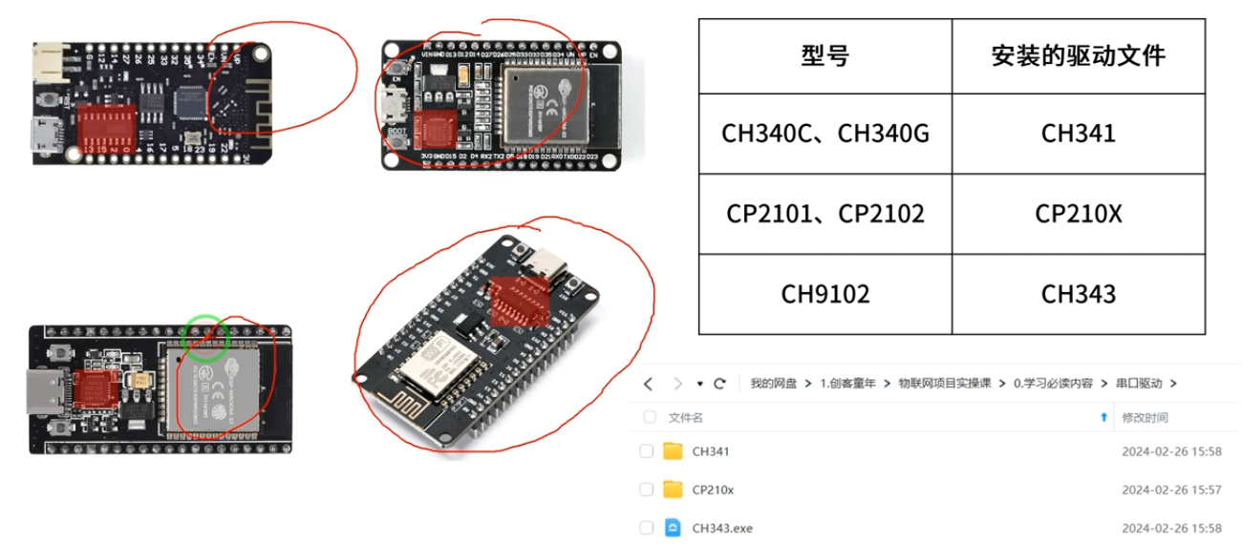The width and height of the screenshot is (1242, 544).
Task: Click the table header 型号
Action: coord(824,56)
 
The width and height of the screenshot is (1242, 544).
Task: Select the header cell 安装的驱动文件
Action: coord(1078,56)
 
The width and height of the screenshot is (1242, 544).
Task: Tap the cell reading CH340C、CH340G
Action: coord(824,134)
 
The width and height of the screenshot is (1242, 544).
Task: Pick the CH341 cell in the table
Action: coord(1078,134)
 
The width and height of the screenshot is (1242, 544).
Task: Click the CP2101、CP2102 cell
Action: coord(824,214)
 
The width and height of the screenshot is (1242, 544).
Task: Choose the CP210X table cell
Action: coord(1078,214)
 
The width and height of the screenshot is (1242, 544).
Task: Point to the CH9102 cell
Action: coord(824,294)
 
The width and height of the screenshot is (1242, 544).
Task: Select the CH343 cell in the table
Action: coord(1078,294)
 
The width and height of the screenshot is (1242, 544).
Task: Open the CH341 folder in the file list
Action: coord(710,451)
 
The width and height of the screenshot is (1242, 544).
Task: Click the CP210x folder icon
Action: coord(673,490)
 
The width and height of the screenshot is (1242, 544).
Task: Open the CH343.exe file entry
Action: coord(721,528)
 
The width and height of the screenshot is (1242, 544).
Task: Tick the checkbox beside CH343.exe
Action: coord(647,528)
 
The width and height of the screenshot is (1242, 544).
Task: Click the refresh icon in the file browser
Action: coord(720,384)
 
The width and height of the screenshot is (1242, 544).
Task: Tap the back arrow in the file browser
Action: coord(648,384)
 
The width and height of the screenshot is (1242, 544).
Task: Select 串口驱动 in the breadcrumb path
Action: coord(1139,384)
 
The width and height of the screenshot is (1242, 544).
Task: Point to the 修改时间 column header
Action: coord(1144,418)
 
